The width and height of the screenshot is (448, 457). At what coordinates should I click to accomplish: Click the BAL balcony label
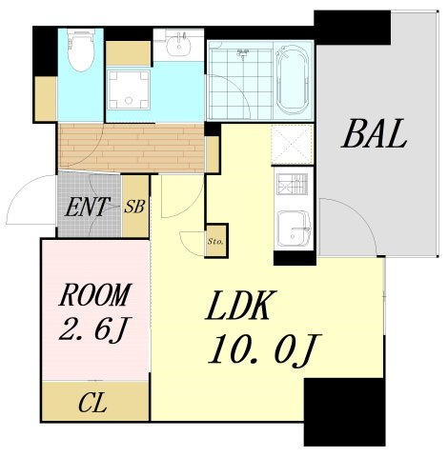click(x=374, y=134)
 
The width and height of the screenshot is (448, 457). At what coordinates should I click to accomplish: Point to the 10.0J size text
click(x=264, y=350)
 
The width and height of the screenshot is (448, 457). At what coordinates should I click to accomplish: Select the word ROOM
click(x=94, y=295)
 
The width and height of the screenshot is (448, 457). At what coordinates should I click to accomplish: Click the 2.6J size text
click(x=94, y=329)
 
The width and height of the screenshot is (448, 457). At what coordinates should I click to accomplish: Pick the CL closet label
click(x=92, y=403)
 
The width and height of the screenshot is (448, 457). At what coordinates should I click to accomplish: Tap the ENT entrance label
click(x=87, y=207)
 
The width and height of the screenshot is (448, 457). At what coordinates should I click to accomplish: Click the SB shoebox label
click(x=134, y=207)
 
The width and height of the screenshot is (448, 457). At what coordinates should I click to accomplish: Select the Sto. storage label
click(x=215, y=241)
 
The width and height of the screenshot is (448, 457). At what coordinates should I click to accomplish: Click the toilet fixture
click(x=81, y=50)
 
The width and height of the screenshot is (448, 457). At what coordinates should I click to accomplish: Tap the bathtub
click(x=292, y=80)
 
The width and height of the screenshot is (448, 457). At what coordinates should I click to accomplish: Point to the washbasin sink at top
click(x=179, y=46)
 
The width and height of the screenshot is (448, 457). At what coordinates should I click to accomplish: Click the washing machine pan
click(x=128, y=89)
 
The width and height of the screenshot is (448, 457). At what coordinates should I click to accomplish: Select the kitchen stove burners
click(x=293, y=184)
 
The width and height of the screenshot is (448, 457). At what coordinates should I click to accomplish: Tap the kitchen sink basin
click(x=294, y=228)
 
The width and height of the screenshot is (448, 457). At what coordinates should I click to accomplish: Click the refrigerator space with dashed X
click(x=292, y=145)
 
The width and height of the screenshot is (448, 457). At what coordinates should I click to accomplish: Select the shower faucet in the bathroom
click(x=242, y=53)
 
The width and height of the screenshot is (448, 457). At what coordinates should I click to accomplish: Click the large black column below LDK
click(x=344, y=412)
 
